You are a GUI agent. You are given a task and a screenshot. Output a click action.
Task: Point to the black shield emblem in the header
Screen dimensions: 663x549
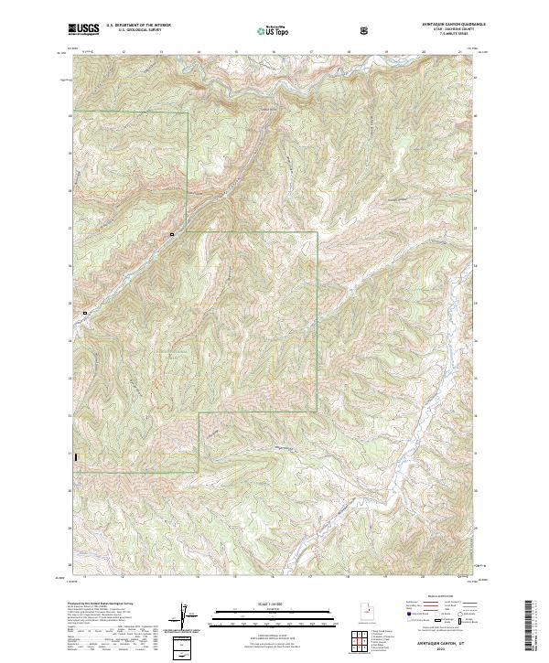coord(365,29)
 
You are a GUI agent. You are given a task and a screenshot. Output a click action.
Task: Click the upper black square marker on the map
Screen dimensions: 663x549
coord(171,235)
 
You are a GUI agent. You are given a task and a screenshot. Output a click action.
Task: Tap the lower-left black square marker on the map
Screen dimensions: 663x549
coord(85,313)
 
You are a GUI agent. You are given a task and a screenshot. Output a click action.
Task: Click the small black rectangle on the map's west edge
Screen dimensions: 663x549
coord(77,458)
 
